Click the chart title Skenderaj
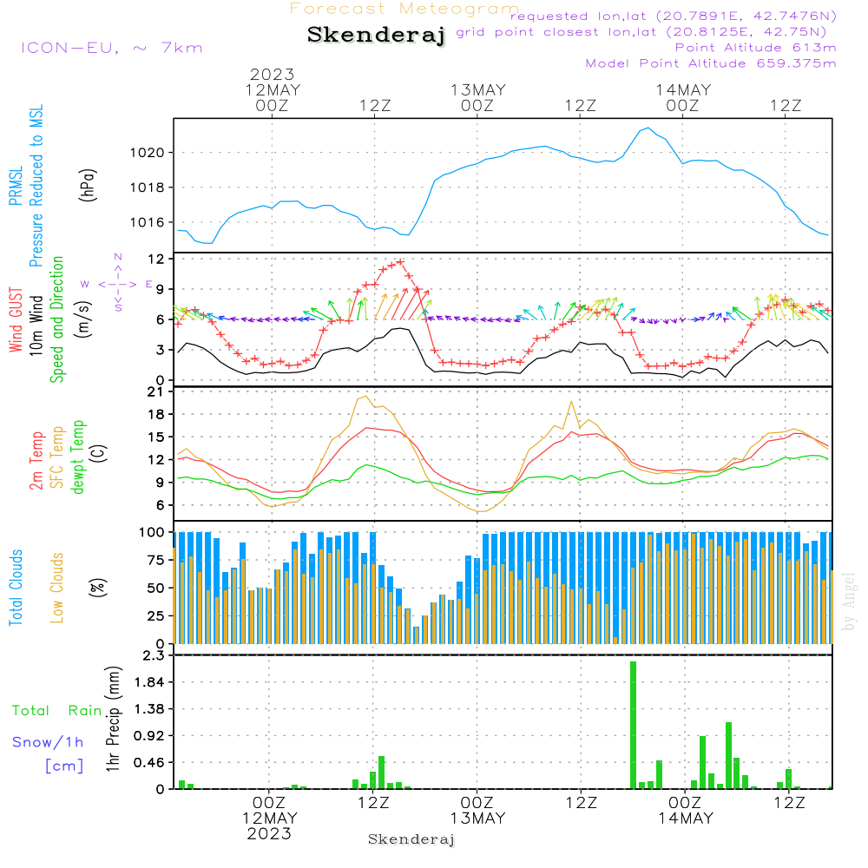tap(376, 36)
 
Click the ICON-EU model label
tap(111, 48)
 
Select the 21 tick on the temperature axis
tap(157, 391)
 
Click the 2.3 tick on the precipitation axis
tap(153, 655)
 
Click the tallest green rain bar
tap(634, 725)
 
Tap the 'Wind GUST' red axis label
tap(16, 321)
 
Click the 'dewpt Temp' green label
tap(79, 457)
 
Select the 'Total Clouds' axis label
tap(16, 588)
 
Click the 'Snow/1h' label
tap(49, 742)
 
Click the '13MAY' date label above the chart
tap(477, 89)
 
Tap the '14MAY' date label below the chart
tap(685, 818)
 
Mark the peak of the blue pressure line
tap(648, 128)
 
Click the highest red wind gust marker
tap(400, 261)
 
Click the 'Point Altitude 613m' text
tap(755, 47)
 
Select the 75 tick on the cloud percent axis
tap(157, 560)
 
